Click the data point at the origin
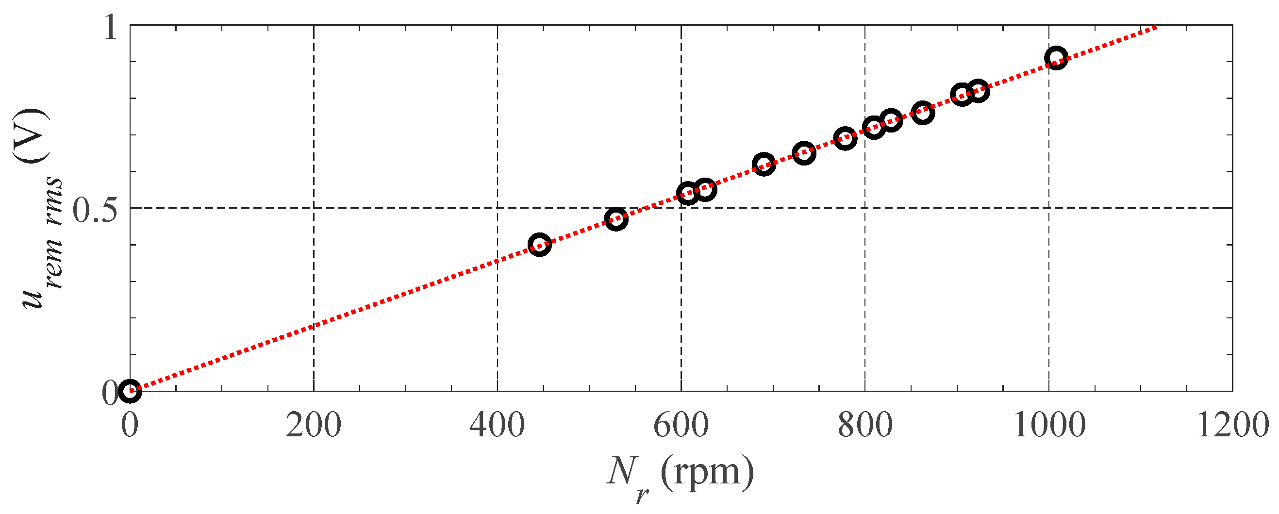coord(130,391)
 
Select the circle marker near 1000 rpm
coord(1056,58)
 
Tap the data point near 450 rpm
coord(539,245)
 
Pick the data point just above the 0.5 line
coord(688,193)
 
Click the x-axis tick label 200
coord(313,426)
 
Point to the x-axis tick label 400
coord(497,426)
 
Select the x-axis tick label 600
coord(681,426)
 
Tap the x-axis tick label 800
coord(865,426)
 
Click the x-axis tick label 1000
coord(1048,426)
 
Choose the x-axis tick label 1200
coord(1232,426)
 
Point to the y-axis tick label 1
coord(111,29)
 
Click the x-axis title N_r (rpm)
coord(680,474)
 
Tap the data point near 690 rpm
coord(764,165)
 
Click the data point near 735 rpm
coord(804,153)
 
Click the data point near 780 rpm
coord(845,138)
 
